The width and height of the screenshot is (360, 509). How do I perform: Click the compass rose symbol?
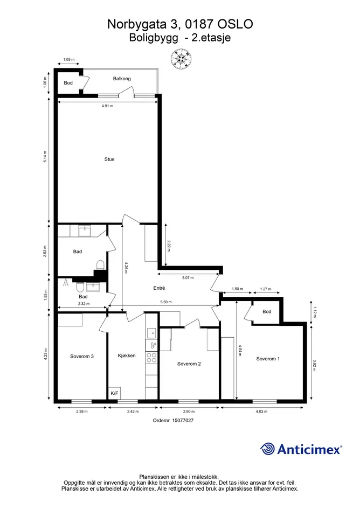[181, 59]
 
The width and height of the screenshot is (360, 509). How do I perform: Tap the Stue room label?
[109, 159]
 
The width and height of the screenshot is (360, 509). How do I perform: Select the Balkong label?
[122, 79]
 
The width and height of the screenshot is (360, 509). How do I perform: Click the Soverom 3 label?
[82, 357]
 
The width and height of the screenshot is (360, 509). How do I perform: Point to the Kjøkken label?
[127, 356]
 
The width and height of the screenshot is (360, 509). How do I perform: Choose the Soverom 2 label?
[189, 364]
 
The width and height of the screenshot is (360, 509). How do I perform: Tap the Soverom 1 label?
[268, 359]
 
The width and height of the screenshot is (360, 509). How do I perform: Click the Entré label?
[159, 288]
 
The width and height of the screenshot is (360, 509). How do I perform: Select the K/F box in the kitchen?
[115, 393]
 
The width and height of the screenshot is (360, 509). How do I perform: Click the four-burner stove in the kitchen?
[151, 358]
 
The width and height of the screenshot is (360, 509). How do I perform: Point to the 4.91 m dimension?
[107, 106]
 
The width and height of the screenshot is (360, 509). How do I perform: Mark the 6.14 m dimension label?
[45, 157]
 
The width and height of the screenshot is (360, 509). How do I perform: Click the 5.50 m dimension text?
[166, 302]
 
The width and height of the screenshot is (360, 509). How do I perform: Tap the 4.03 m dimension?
[261, 412]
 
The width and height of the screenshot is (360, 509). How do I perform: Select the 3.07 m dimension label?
[188, 278]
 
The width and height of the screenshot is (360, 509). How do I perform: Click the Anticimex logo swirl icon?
[268, 449]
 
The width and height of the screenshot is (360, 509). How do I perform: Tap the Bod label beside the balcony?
[68, 83]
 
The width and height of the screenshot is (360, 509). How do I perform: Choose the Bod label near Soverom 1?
[267, 312]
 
